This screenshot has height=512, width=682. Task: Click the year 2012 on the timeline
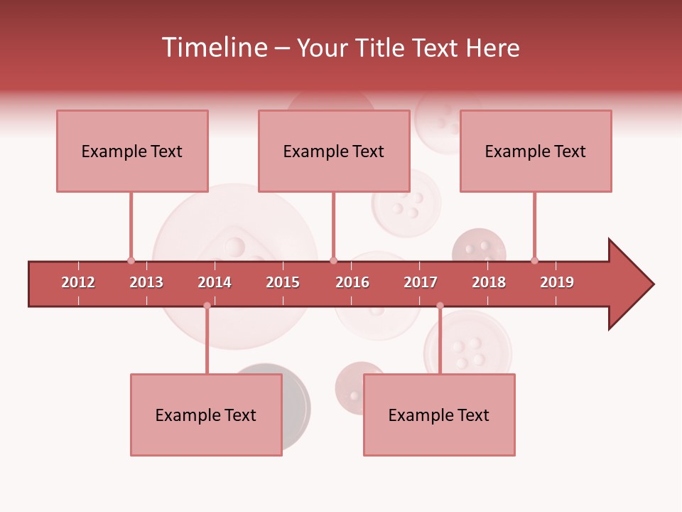(x=78, y=282)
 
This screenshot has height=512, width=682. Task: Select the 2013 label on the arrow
(x=146, y=282)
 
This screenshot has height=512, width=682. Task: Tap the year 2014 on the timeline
(x=215, y=282)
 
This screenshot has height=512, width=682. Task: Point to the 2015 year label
(x=283, y=282)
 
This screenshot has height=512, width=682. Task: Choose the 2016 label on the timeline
(x=352, y=282)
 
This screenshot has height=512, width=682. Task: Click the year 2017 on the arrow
(x=421, y=282)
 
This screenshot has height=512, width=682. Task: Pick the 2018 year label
(x=489, y=282)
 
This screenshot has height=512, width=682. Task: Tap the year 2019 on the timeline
(x=557, y=282)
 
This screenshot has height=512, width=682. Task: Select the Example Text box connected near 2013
(x=132, y=151)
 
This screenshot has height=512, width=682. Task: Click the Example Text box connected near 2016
(x=334, y=151)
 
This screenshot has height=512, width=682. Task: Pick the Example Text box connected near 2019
(x=536, y=151)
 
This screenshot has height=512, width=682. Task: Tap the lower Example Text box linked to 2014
(x=206, y=415)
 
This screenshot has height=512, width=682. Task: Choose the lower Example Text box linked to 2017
(x=439, y=415)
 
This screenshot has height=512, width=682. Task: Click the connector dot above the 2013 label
(x=131, y=260)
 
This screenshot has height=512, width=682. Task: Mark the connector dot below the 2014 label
(x=207, y=306)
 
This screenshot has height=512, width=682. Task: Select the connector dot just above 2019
(x=534, y=260)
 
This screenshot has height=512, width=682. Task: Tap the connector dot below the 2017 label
(x=440, y=306)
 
